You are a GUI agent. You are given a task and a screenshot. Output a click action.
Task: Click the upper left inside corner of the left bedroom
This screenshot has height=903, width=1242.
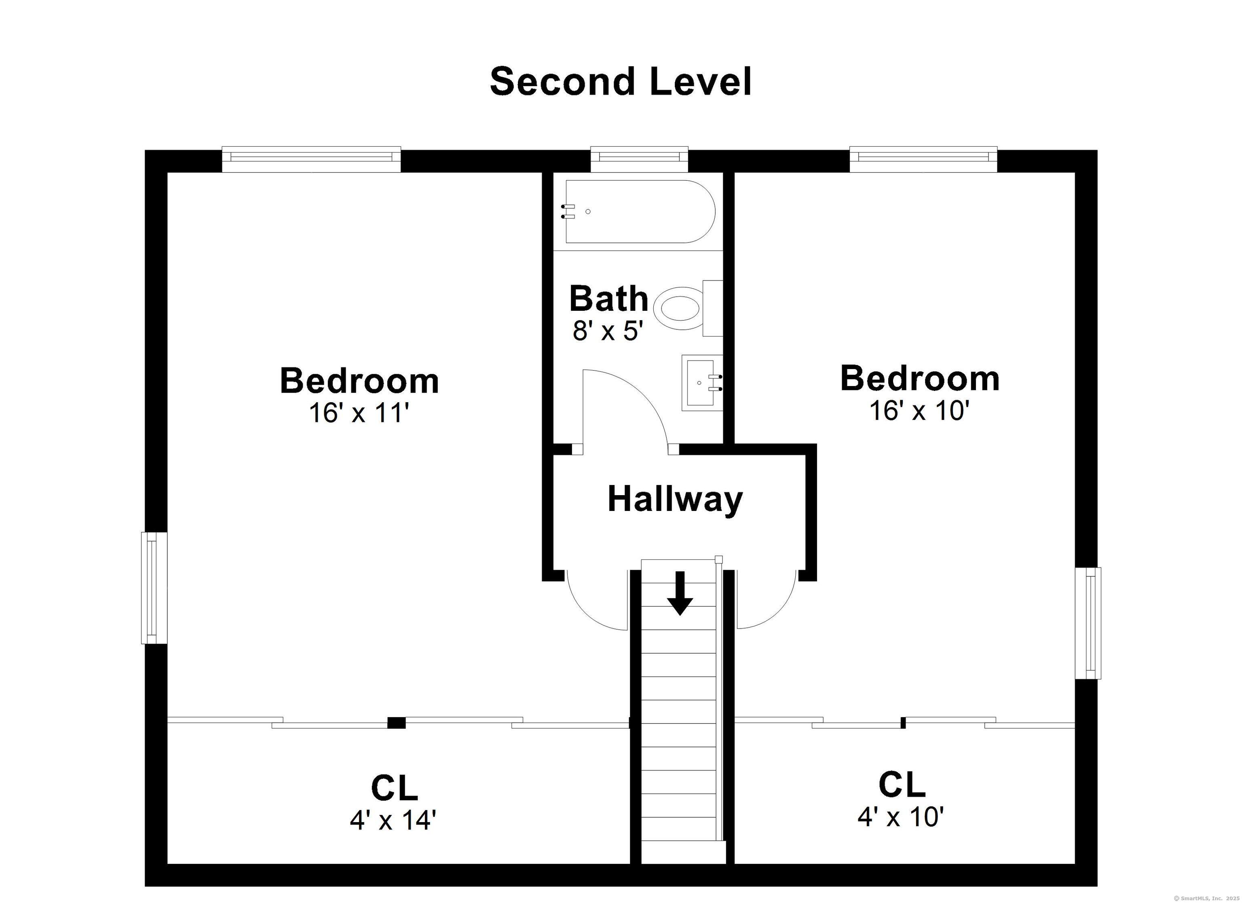[167, 173]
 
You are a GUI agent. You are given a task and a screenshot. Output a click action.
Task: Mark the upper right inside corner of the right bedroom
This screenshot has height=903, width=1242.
[1075, 173]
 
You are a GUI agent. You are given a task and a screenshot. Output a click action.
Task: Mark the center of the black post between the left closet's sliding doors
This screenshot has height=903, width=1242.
[397, 723]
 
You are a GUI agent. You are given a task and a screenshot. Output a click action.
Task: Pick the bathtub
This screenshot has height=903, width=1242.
[640, 211]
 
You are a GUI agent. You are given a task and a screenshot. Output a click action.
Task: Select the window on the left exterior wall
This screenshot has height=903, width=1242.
[154, 588]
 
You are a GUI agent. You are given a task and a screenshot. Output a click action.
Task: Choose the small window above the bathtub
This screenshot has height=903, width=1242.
[640, 157]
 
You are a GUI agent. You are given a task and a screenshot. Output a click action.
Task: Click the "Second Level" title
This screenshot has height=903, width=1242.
[621, 82]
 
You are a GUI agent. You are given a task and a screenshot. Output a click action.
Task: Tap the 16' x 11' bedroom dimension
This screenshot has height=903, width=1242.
[359, 412]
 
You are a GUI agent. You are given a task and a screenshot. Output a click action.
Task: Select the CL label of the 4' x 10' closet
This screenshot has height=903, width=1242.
[902, 785]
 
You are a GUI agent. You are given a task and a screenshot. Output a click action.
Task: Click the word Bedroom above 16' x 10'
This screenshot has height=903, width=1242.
[920, 378]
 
